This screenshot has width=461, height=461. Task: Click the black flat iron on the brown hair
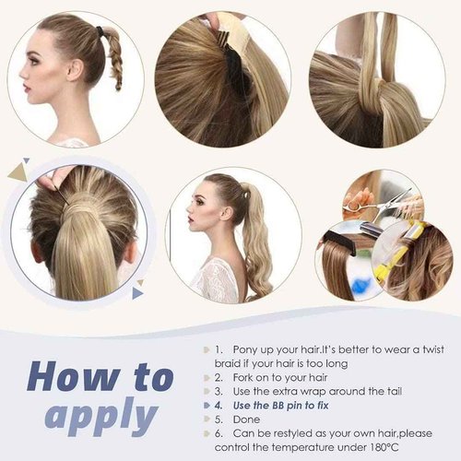click(x=350, y=241)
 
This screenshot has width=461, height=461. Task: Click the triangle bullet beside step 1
click(x=204, y=350)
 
